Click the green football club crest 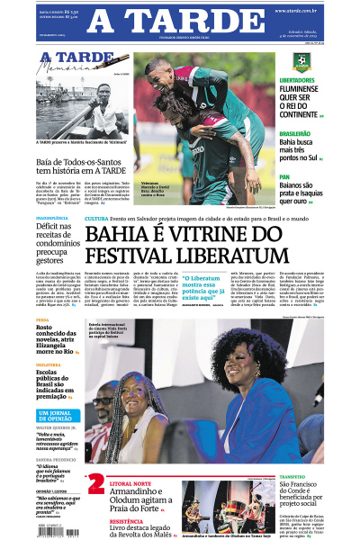(301, 62)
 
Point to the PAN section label (284, 176)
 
